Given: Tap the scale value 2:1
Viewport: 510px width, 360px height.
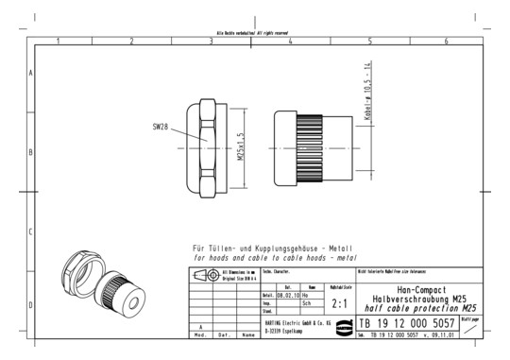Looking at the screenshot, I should [x=341, y=304].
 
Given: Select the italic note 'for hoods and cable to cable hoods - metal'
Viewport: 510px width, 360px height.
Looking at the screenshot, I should [x=261, y=257].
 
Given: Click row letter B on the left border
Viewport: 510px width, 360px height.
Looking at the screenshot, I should [x=31, y=151].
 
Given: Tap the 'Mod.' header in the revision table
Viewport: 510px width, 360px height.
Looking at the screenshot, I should [x=199, y=334].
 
